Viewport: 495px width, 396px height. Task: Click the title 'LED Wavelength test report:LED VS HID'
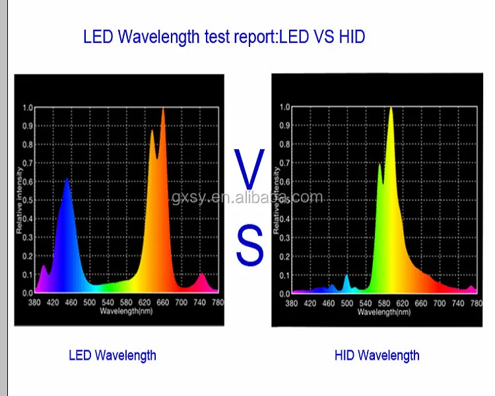pos(224,37)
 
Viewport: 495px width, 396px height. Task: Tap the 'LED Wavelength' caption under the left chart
pos(112,355)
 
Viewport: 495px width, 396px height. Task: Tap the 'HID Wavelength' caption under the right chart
pos(376,355)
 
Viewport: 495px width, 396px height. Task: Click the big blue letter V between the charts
pos(251,170)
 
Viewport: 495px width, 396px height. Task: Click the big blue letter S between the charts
pos(250,246)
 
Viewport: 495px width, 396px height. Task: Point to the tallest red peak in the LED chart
pos(163,111)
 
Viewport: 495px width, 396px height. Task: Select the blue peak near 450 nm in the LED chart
pos(67,181)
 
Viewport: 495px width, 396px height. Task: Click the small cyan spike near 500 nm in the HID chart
pos(346,277)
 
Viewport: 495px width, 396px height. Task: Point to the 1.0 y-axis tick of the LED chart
pos(28,107)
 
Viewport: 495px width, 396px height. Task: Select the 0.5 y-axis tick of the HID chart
pos(284,200)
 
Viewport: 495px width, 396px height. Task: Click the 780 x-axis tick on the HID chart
pos(475,304)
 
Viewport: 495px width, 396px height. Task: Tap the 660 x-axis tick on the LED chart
pos(163,302)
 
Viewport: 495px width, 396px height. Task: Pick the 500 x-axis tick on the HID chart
pos(346,304)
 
